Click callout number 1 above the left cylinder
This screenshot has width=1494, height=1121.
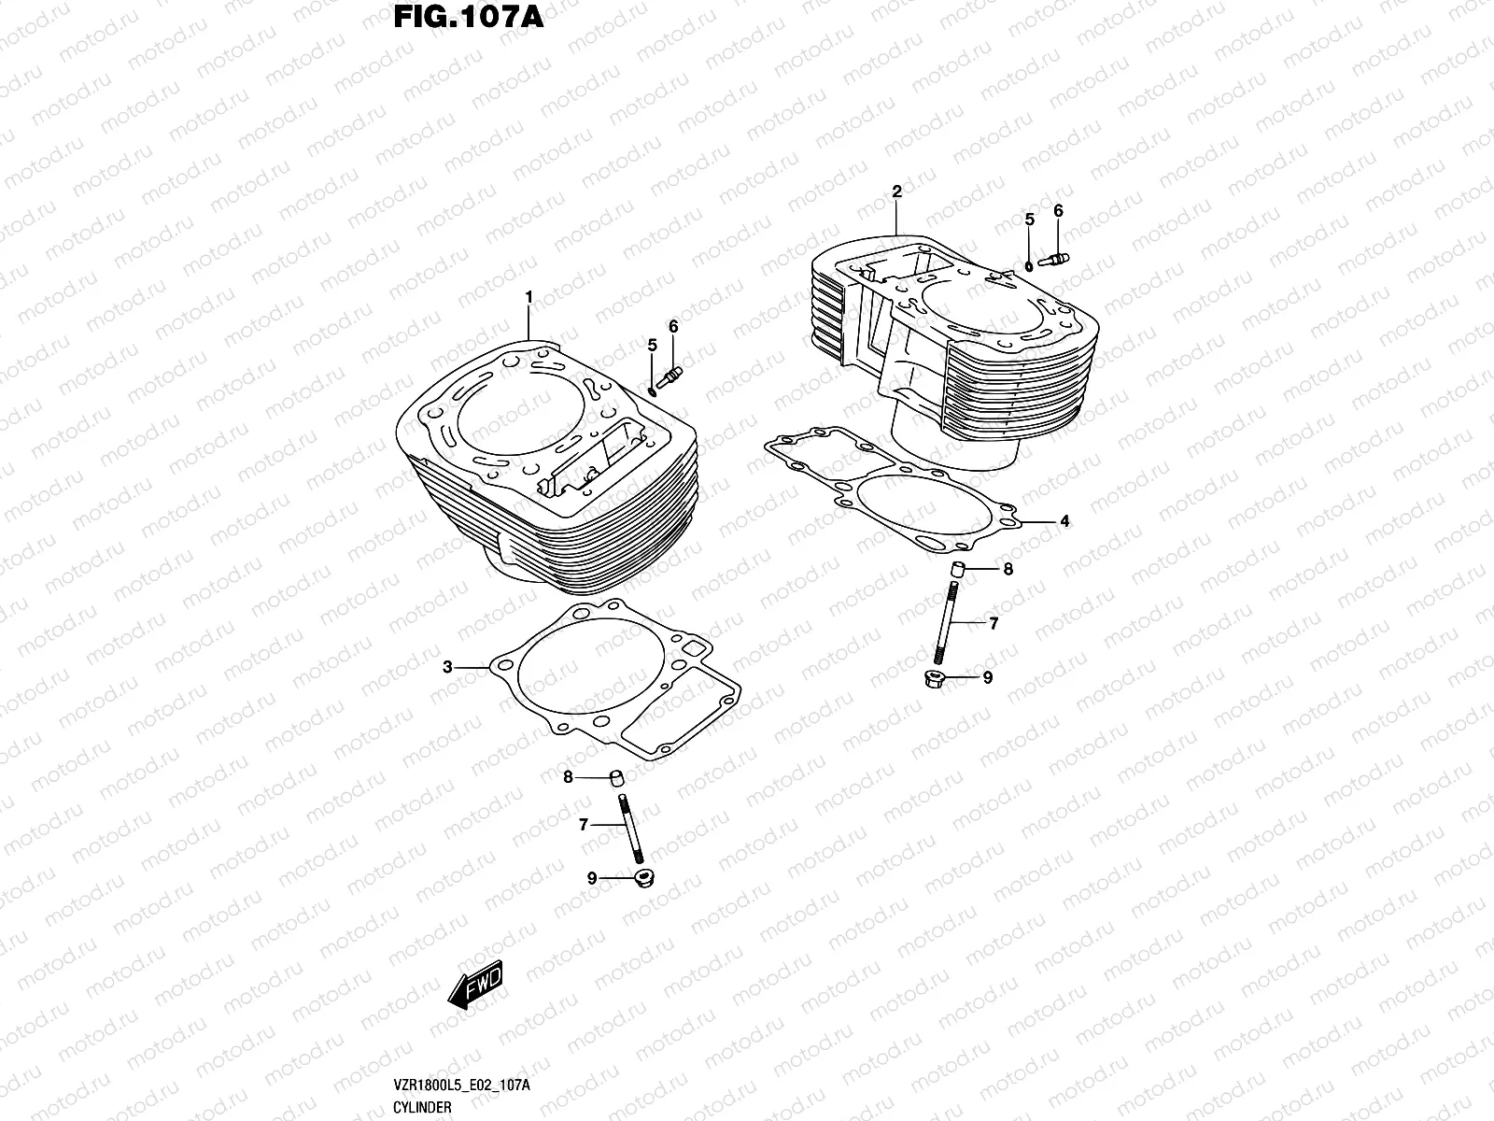click(x=528, y=297)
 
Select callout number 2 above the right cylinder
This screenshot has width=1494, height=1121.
click(x=896, y=192)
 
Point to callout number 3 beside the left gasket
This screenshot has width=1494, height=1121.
click(x=447, y=667)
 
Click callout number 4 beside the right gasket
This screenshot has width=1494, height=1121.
click(x=1064, y=521)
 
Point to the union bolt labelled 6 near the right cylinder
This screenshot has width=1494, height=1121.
click(x=1053, y=260)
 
